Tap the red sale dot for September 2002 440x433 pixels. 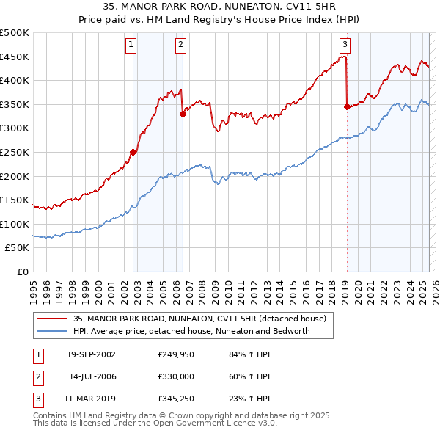click(133, 153)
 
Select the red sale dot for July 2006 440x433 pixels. click(183, 114)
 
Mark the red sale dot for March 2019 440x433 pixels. click(346, 106)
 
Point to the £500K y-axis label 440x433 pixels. click(15, 33)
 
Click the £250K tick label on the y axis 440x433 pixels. click(15, 152)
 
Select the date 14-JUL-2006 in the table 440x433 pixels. click(92, 377)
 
